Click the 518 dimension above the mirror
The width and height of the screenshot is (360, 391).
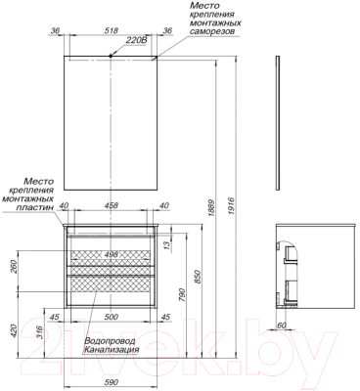click(112, 31)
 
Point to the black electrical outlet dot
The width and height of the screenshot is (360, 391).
click(111, 56)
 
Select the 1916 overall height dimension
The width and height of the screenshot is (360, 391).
click(231, 205)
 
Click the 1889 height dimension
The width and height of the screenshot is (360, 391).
click(211, 207)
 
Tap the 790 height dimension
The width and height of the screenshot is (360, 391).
click(182, 294)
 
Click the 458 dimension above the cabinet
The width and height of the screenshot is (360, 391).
click(112, 205)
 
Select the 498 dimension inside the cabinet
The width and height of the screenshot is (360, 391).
click(112, 254)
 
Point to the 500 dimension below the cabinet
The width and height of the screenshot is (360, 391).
click(112, 317)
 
